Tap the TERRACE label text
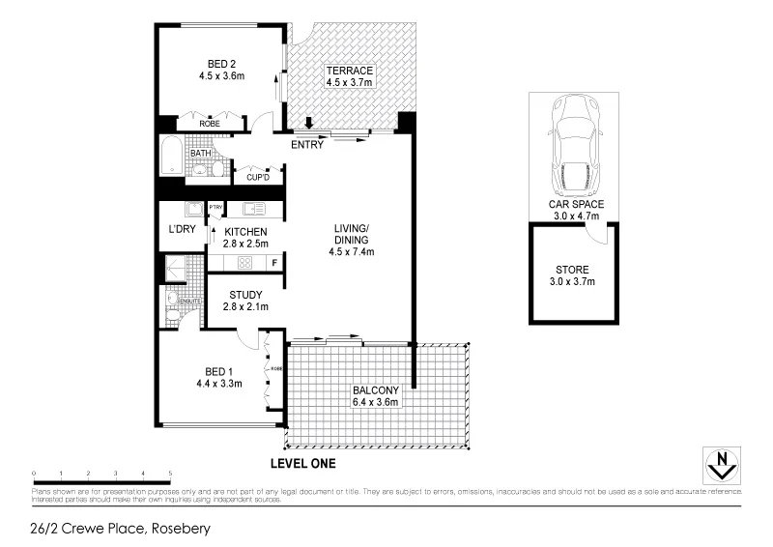tap(349, 71)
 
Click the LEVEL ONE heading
tap(302, 464)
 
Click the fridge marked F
tap(274, 262)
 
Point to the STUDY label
tap(245, 294)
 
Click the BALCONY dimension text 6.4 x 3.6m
tap(376, 402)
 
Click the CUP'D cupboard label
tap(257, 178)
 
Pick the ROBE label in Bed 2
tap(209, 125)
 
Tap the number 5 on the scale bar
tap(171, 474)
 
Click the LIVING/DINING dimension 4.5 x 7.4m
tap(351, 252)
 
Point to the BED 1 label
tap(218, 372)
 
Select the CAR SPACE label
tap(575, 204)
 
